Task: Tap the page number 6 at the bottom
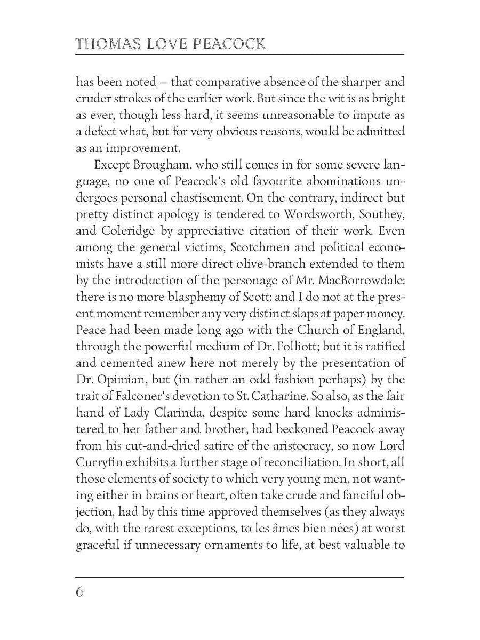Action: coord(80,593)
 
